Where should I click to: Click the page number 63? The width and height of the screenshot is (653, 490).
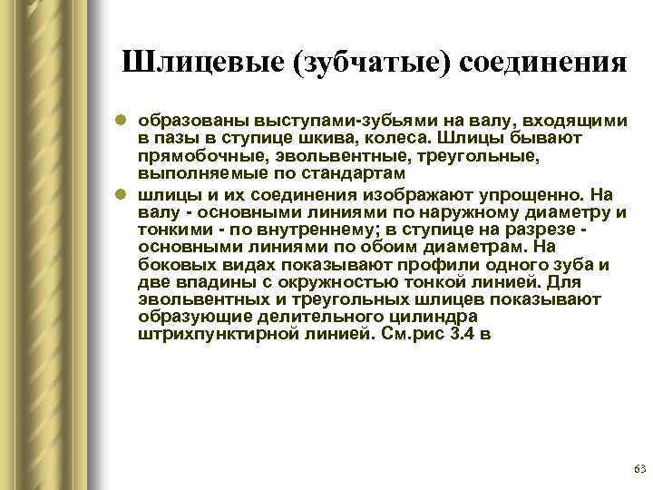click(x=638, y=468)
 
